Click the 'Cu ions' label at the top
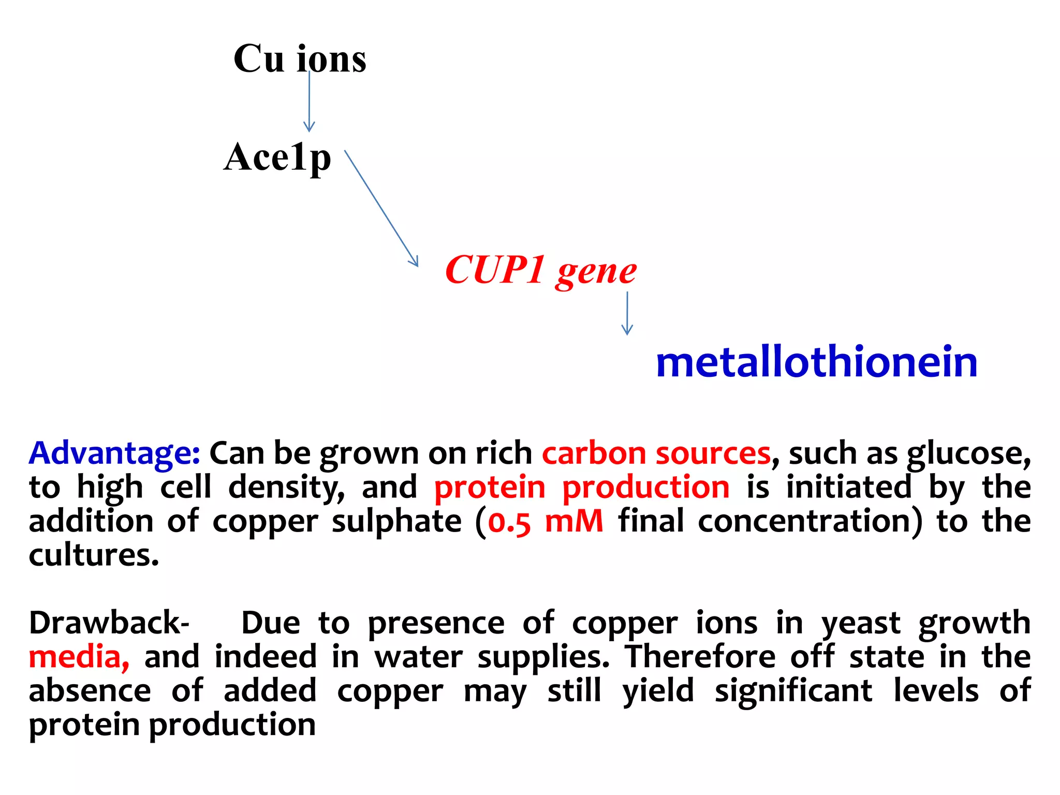point(300,58)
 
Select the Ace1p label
point(277,157)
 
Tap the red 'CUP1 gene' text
point(540,270)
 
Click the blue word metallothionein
point(816,362)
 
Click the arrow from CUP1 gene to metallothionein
point(627,313)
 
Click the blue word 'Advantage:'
point(114,454)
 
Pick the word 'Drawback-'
point(109,623)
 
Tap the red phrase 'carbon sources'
point(656,454)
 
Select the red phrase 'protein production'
point(582,488)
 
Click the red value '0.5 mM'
point(546,522)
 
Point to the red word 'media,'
point(79,657)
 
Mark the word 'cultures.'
point(94,555)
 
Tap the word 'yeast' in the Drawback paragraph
point(861,623)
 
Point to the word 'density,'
point(286,488)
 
